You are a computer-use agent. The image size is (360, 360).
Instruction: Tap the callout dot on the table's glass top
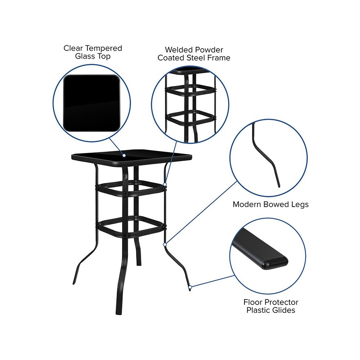pyautogui.click(x=124, y=156)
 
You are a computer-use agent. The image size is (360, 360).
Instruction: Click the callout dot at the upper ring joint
pyautogui.click(x=165, y=184)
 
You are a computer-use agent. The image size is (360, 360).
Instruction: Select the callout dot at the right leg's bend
pyautogui.click(x=165, y=244)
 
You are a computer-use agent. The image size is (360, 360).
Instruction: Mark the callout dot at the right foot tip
pyautogui.click(x=190, y=287)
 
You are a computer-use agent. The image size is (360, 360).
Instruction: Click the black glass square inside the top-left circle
pyautogui.click(x=91, y=103)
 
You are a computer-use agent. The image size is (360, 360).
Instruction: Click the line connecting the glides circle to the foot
pyautogui.click(x=213, y=281)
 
